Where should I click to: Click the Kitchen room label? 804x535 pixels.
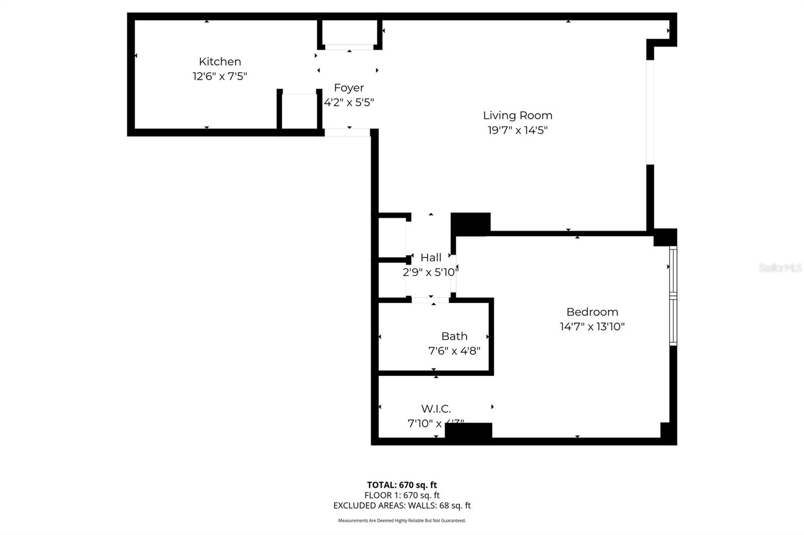coord(220,62)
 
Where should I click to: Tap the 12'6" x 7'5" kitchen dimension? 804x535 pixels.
coord(220,76)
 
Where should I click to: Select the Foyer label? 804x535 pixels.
coord(349,88)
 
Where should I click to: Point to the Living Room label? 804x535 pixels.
coord(518,115)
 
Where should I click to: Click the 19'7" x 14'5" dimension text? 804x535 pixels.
coord(518,130)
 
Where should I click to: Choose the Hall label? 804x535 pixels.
coord(431,257)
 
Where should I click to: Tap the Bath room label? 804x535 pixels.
coord(454,336)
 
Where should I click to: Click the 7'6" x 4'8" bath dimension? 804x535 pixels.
coord(454,351)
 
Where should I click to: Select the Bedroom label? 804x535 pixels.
coord(592,312)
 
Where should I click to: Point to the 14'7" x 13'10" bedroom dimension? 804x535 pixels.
coord(592,327)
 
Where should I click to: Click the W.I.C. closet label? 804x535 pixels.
coord(436,409)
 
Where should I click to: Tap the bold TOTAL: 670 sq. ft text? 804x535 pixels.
coord(401,485)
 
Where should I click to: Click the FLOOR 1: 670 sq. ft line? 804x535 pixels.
coord(401,495)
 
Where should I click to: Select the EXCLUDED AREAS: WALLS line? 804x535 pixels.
coord(401,506)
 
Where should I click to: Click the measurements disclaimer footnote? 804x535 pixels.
coord(401,520)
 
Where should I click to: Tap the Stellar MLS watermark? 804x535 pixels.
coord(780,268)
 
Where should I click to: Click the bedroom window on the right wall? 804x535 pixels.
coord(673,296)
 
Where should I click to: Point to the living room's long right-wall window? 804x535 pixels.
coord(650,111)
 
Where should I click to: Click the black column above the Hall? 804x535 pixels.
coord(470,223)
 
